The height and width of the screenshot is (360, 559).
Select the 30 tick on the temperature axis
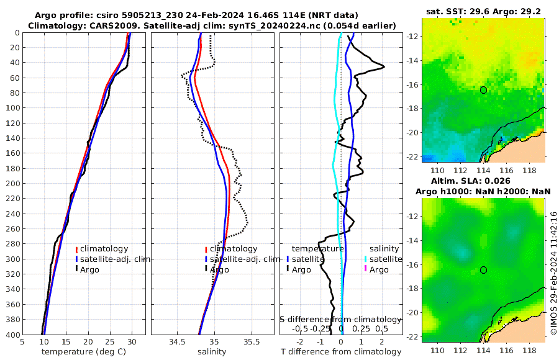(132, 341)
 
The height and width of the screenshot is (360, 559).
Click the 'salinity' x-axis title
(212, 351)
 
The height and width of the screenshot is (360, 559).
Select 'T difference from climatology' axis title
(341, 352)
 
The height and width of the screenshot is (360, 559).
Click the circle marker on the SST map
(483, 90)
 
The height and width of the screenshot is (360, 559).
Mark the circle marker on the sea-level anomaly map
(483, 270)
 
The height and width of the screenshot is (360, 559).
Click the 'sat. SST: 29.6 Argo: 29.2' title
(483, 11)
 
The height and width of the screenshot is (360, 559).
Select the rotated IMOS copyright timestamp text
(553, 273)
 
